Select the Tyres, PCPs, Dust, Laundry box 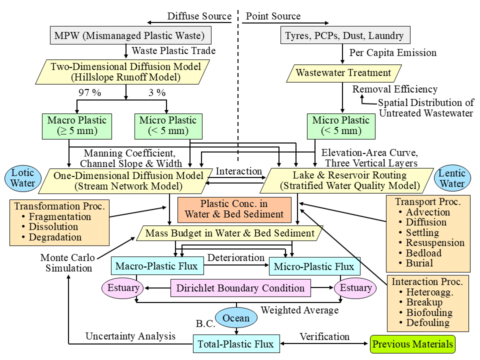tap(344, 35)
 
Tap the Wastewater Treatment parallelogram tap(343, 73)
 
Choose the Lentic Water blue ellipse tap(452, 179)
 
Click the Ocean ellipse tap(236, 318)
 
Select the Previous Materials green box tap(413, 344)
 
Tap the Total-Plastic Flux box tap(235, 344)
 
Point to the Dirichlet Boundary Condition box tap(240, 288)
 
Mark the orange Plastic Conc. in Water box tap(234, 209)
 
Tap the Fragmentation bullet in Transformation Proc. tap(60, 217)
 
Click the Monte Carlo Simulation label tap(66, 263)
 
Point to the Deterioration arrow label tap(236, 258)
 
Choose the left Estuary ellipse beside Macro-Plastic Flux tap(123, 288)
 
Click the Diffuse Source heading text tap(199, 16)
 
